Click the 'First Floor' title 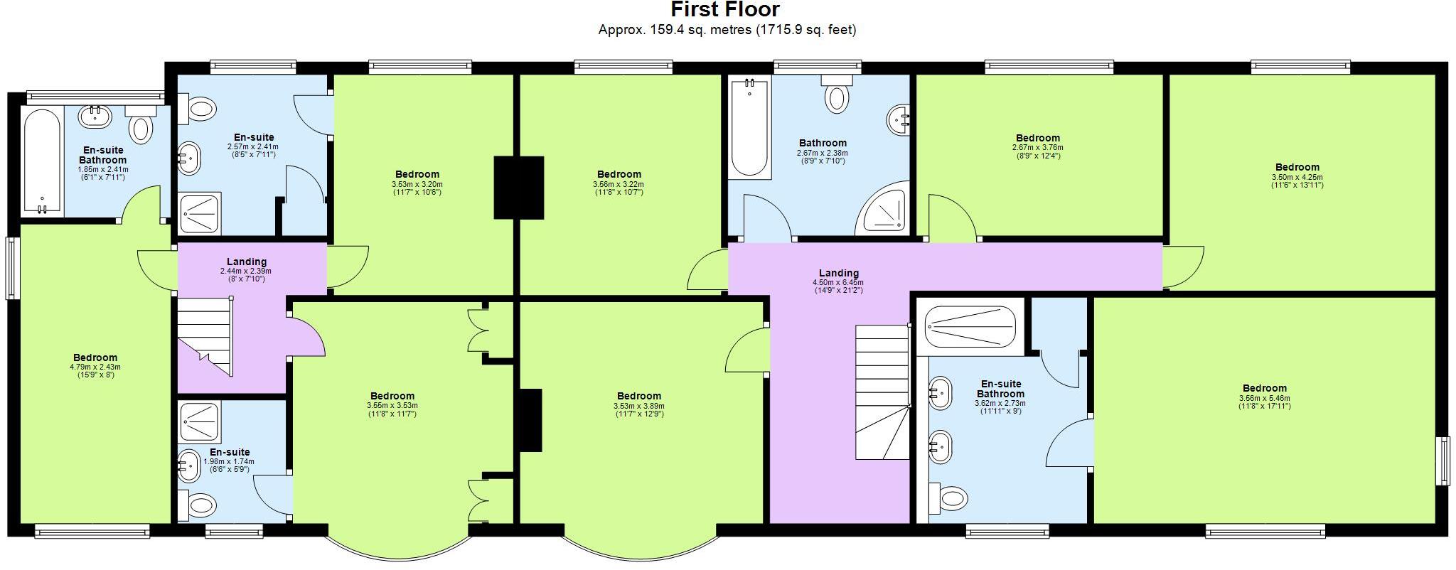725,10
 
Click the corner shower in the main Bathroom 884,209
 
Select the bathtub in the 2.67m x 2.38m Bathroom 750,129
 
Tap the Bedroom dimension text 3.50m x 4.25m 1297,178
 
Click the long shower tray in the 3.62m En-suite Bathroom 970,326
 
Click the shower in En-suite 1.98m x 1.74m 200,421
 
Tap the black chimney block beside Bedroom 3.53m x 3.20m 519,188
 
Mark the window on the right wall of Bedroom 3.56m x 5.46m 1444,461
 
